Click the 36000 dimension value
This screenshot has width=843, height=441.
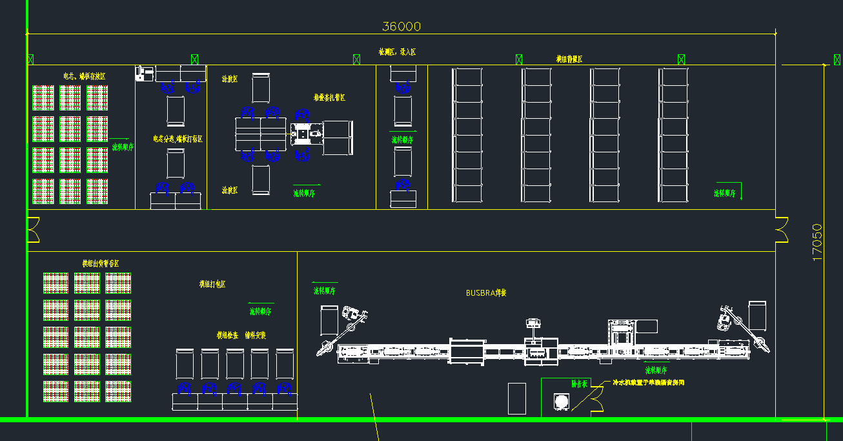(x=401, y=26)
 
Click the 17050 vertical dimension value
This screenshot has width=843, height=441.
(x=818, y=242)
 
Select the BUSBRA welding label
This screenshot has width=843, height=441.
(x=486, y=292)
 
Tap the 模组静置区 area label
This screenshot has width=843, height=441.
(x=569, y=59)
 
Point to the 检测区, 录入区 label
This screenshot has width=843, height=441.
(x=398, y=52)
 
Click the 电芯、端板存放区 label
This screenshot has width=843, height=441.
(x=84, y=76)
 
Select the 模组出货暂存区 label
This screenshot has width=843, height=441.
(x=100, y=263)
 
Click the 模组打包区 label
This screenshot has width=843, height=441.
(x=212, y=284)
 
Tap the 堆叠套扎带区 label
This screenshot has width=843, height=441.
(x=329, y=97)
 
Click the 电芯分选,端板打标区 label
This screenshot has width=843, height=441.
(x=178, y=139)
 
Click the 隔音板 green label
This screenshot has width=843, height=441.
(x=579, y=384)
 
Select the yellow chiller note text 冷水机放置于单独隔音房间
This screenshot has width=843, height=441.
(x=647, y=383)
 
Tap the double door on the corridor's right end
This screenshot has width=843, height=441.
(x=782, y=230)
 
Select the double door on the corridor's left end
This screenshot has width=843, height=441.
(x=33, y=230)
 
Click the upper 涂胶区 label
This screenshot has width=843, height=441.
(x=230, y=79)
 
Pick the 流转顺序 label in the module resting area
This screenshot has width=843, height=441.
(x=725, y=193)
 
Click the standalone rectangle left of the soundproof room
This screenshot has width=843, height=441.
(x=517, y=398)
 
